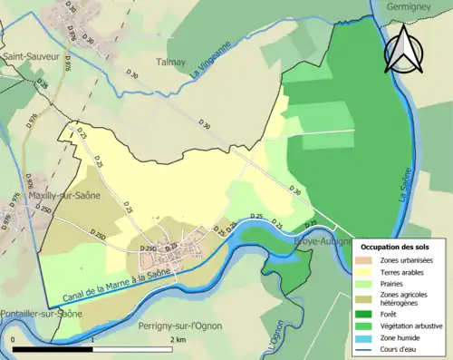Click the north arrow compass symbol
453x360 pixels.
[406, 50]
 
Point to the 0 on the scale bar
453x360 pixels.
[14, 339]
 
